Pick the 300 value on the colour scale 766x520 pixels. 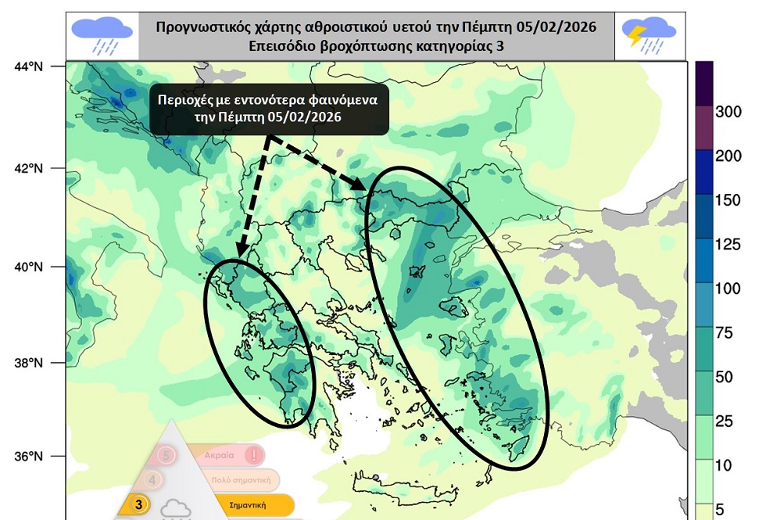(x=728, y=112)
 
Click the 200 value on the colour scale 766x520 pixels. (x=728, y=156)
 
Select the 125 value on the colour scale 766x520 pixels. (x=728, y=245)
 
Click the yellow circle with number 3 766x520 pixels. (x=138, y=505)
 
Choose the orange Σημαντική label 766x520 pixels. (x=246, y=506)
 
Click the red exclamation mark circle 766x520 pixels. (x=253, y=454)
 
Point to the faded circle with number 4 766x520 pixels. (x=152, y=479)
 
